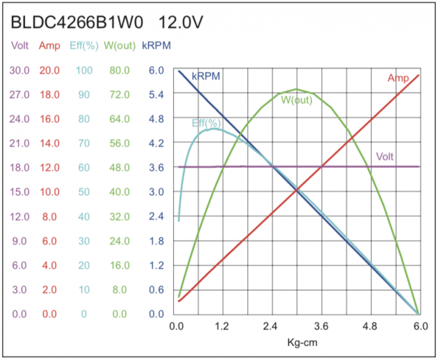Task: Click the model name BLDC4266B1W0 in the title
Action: [x=79, y=23]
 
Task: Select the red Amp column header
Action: [x=50, y=46]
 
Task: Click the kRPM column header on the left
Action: [x=156, y=46]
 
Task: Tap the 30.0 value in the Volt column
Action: [x=20, y=70]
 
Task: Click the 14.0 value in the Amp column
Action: [x=50, y=143]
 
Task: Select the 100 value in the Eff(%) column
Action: [x=84, y=70]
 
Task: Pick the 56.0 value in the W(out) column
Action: [x=119, y=143]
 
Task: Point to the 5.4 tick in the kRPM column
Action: [x=156, y=94]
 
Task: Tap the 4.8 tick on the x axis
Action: [x=370, y=326]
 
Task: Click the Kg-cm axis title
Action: [x=299, y=342]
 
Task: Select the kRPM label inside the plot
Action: [x=206, y=76]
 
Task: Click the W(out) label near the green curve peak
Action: [x=296, y=100]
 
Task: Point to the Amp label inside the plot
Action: [x=398, y=79]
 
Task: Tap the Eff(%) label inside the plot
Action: [x=207, y=123]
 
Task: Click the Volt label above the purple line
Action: [x=385, y=156]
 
